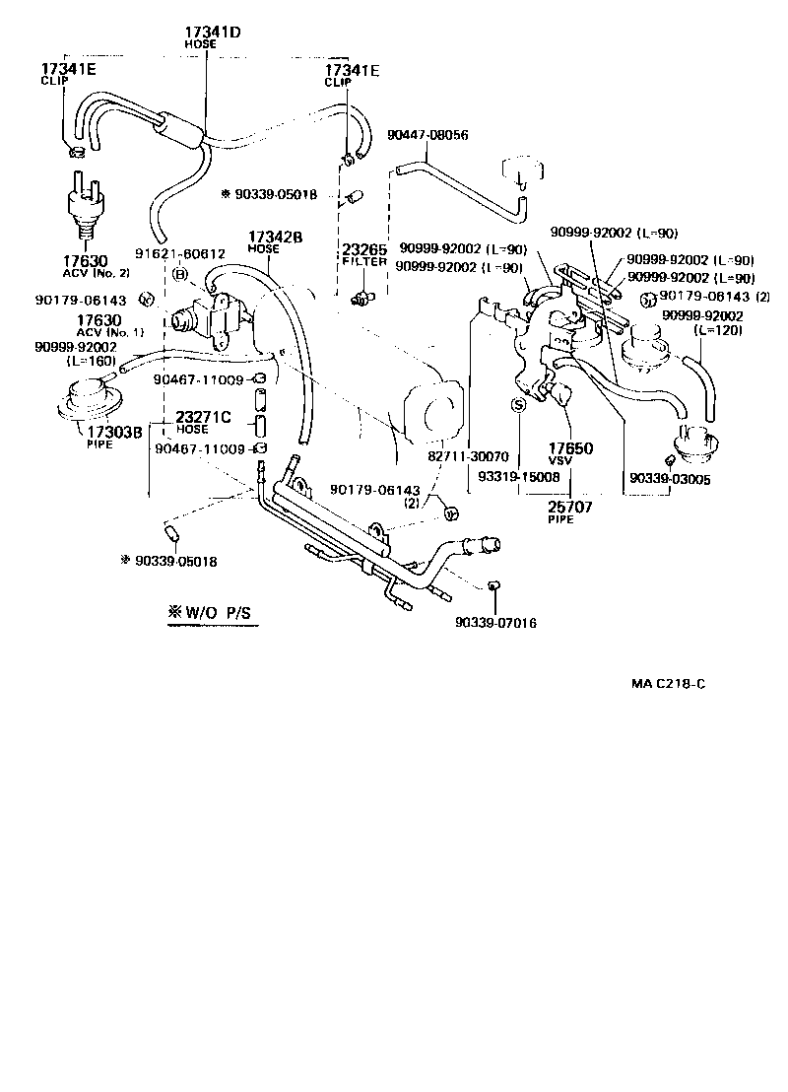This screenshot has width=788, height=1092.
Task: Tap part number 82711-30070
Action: [468, 457]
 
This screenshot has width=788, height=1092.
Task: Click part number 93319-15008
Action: [518, 476]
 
